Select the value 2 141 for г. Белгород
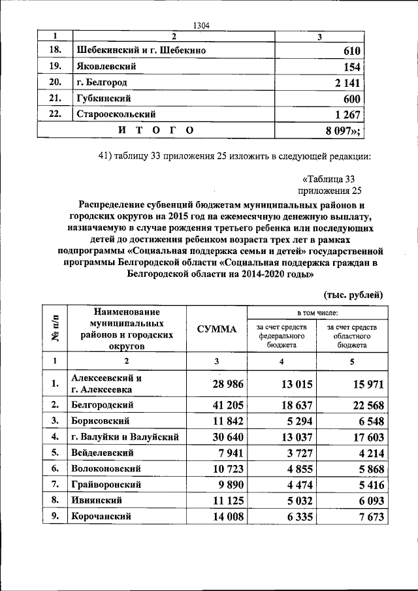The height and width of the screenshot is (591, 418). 346,83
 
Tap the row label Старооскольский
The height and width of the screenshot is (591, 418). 117,114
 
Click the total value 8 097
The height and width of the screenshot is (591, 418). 343,131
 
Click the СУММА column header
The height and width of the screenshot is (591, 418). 217,329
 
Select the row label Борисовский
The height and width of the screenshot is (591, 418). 101,421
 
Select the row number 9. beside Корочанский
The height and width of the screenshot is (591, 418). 56,516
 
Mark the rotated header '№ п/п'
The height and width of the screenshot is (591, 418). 56,328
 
